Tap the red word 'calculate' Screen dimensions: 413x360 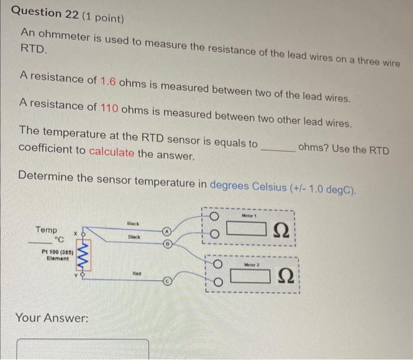pos(112,153)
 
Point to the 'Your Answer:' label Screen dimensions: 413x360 pos(51,318)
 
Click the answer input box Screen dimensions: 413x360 pos(83,349)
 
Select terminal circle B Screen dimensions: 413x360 pos(168,241)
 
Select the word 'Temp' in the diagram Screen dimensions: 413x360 pos(46,230)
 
